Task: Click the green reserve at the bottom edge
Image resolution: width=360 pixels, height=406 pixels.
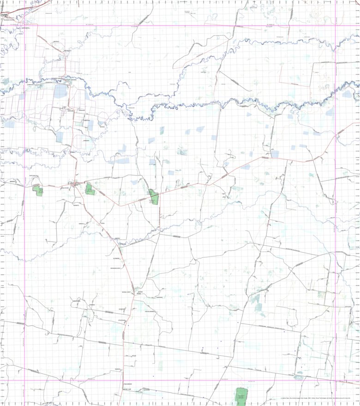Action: [241, 396]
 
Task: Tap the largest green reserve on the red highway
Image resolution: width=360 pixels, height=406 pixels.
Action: [154, 197]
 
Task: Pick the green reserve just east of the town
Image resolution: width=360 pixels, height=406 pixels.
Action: [89, 188]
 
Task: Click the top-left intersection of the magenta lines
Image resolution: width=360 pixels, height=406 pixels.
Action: [24, 25]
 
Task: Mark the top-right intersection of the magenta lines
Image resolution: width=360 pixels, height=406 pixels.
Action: [336, 25]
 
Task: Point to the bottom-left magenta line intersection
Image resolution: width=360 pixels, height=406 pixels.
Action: [24, 381]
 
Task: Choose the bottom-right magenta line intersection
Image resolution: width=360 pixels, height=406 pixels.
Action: [336, 381]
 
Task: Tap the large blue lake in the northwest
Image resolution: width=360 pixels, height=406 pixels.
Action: [60, 91]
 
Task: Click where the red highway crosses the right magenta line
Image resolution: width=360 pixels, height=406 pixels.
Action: [336, 137]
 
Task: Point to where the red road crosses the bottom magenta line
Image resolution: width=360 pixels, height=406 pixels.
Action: [124, 381]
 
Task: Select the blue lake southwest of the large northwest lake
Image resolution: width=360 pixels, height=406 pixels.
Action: [60, 137]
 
